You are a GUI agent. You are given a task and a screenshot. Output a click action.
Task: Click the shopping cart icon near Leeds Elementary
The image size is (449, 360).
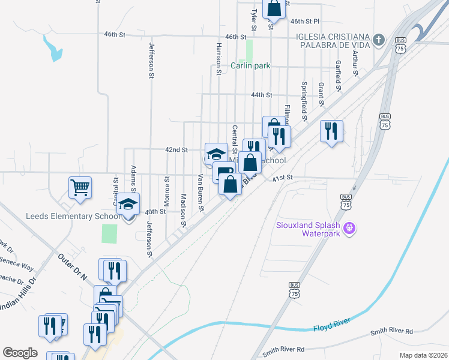click(80, 188)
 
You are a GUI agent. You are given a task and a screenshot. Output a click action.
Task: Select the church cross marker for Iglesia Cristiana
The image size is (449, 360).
click(378, 40)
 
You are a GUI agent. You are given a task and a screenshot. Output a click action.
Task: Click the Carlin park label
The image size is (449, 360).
click(250, 66)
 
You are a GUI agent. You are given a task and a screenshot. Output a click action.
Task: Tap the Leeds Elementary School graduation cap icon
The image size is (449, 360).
click(128, 205)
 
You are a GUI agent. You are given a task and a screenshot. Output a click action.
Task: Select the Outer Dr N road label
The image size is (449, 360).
click(72, 268)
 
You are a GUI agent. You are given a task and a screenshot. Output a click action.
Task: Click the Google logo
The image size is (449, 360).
click(20, 353)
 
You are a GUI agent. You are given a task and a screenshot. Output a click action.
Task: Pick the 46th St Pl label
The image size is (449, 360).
click(305, 21)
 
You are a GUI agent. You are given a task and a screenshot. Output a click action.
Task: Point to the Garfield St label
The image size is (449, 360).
click(339, 71)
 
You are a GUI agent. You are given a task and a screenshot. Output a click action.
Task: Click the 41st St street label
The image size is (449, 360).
click(282, 178)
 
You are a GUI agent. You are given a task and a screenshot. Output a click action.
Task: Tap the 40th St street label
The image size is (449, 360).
click(155, 211)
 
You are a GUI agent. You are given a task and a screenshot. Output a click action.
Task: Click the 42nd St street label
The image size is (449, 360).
click(178, 149)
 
